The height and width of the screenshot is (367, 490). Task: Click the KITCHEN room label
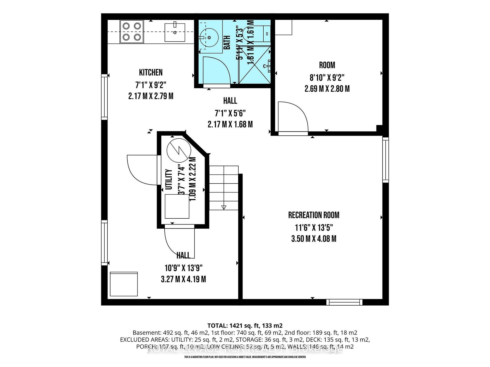click(151, 72)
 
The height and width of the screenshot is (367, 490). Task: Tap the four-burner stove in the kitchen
click(132, 32)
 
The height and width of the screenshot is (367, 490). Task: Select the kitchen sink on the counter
click(175, 32)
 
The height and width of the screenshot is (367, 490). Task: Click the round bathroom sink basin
click(209, 37)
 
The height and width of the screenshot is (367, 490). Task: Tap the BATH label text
click(227, 42)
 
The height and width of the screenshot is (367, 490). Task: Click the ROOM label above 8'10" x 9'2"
click(327, 65)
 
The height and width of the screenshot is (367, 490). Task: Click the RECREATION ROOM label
click(314, 215)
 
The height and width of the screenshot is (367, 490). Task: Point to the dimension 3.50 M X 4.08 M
click(314, 239)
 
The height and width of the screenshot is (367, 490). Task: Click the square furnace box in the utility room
click(177, 206)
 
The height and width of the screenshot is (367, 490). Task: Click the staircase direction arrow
click(224, 207)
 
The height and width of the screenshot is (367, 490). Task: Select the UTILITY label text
click(169, 179)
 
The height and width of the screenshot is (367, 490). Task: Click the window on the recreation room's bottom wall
click(344, 302)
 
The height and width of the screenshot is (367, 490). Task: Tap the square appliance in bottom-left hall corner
click(124, 284)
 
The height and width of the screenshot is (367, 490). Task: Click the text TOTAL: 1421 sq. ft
click(245, 325)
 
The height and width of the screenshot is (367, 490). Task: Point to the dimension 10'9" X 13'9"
click(183, 268)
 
